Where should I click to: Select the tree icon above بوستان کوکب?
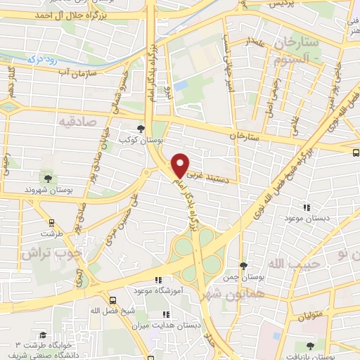[x=142, y=129]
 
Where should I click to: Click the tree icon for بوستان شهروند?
[x=48, y=178]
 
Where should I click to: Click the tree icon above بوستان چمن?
[x=243, y=266]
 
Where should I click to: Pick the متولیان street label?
[x=309, y=314]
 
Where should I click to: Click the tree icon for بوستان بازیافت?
[x=311, y=345]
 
